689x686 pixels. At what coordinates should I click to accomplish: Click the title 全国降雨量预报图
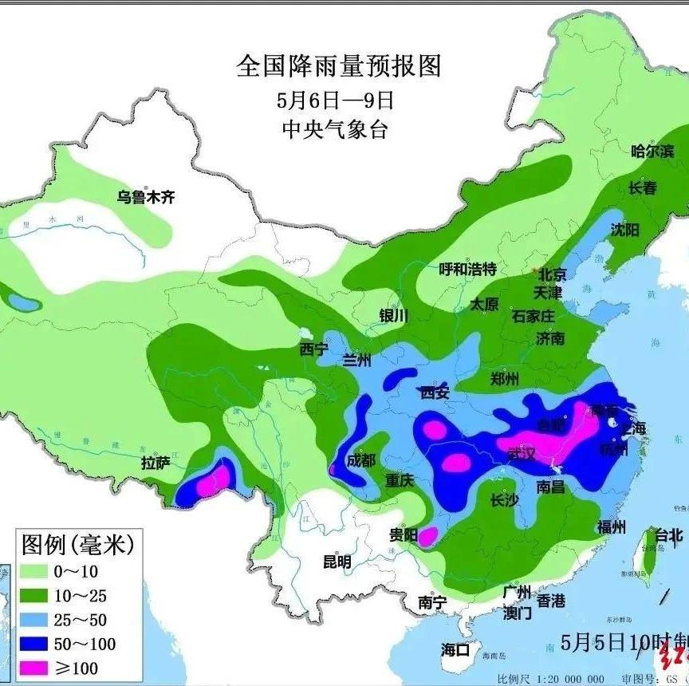pyautogui.click(x=338, y=65)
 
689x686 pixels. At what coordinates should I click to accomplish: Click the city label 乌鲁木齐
pyautogui.click(x=145, y=197)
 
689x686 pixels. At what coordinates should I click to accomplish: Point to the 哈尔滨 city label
pyautogui.click(x=652, y=151)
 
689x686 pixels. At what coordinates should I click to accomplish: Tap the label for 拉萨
pyautogui.click(x=156, y=463)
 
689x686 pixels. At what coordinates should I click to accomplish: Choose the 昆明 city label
pyautogui.click(x=336, y=562)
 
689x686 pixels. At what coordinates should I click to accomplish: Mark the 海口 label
pyautogui.click(x=456, y=649)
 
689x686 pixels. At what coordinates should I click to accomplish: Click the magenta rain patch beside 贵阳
pyautogui.click(x=429, y=536)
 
